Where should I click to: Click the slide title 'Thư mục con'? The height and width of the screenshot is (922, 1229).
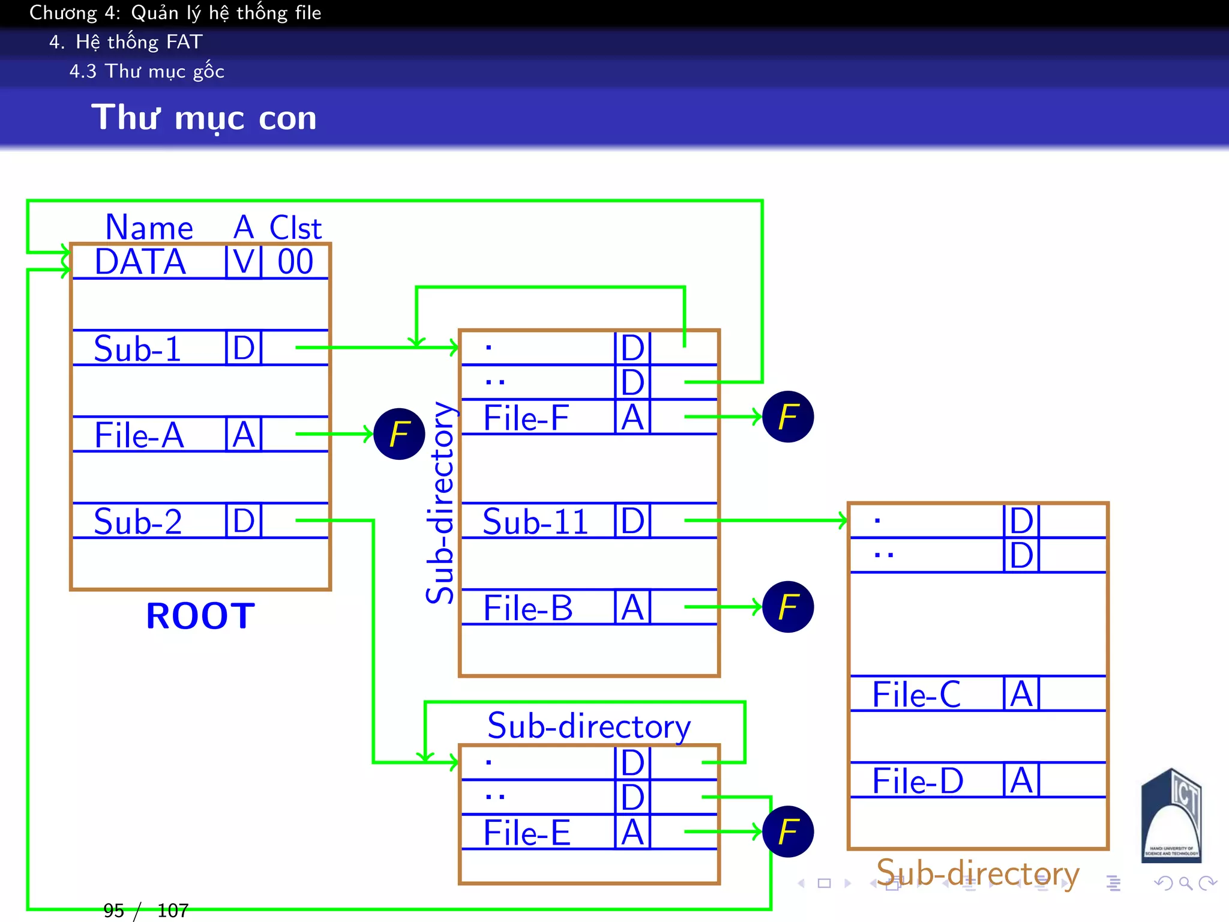pos(203,118)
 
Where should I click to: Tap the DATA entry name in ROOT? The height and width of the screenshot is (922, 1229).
pos(140,262)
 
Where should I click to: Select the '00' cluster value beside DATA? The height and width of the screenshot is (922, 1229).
pos(295,262)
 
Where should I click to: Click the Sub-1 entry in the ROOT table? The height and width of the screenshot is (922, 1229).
pos(137,349)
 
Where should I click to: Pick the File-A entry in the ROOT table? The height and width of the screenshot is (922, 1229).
pos(139,435)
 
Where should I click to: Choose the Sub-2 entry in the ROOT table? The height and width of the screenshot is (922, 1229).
pos(138,522)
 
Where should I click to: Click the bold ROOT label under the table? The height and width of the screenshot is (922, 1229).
pos(200,616)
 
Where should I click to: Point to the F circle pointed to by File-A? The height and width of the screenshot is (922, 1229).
pos(399,434)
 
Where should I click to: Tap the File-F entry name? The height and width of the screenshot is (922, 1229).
pos(526,418)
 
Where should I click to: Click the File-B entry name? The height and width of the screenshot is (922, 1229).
pos(528,608)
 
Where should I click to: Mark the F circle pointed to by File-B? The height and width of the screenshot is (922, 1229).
pos(787,607)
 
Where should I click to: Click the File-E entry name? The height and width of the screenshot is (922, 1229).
pos(527,833)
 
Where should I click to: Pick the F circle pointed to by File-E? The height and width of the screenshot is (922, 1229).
pos(787,832)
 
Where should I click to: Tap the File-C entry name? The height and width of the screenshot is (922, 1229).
pos(916,695)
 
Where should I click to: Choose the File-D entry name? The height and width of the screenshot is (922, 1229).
pos(918,782)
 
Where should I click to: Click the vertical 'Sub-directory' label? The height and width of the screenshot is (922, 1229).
pos(440,503)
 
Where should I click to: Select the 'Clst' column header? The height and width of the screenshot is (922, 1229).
pos(295,228)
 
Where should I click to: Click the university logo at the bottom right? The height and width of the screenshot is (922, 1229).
pos(1171,816)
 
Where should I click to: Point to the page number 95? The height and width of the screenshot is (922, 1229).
pos(114,911)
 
